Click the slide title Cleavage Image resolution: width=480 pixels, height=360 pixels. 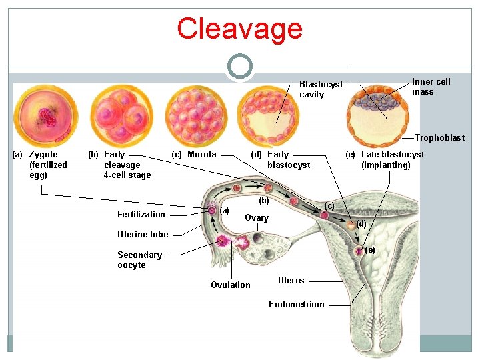pyautogui.click(x=239, y=29)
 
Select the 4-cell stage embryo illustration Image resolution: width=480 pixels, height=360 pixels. pyautogui.click(x=121, y=117)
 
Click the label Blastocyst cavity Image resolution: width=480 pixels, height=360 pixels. pyautogui.click(x=321, y=89)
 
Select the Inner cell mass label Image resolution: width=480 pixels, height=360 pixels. pyautogui.click(x=431, y=87)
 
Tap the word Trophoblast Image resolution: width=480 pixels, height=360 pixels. pyautogui.click(x=439, y=138)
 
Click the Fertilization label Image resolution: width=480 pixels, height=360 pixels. pyautogui.click(x=141, y=214)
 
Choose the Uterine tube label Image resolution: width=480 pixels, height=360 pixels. pyautogui.click(x=143, y=234)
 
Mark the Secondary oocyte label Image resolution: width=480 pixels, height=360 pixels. pyautogui.click(x=139, y=260)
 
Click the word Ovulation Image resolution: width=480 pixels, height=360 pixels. pyautogui.click(x=231, y=285)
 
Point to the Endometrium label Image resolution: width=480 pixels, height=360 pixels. pyautogui.click(x=296, y=304)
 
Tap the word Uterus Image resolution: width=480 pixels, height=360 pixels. pyautogui.click(x=291, y=281)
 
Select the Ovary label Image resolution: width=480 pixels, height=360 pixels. pyautogui.click(x=257, y=218)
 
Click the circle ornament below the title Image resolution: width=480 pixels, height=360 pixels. pyautogui.click(x=239, y=67)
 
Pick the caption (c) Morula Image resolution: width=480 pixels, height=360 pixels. pyautogui.click(x=194, y=155)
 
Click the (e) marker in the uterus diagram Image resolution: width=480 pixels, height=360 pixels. pyautogui.click(x=370, y=249)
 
